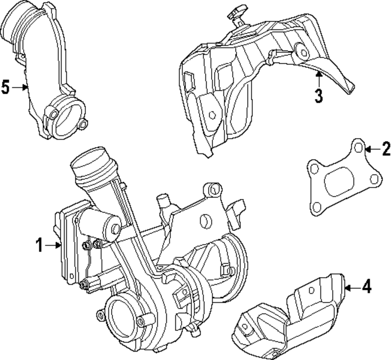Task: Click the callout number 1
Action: (39, 245)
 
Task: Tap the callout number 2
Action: (386, 149)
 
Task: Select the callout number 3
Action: (319, 95)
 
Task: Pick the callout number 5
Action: (5, 88)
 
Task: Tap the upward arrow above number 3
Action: (319, 78)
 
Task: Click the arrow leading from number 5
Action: (20, 88)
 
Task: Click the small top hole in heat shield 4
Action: (311, 290)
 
